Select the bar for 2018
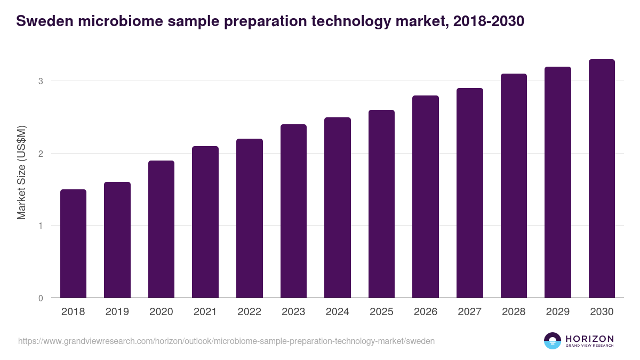73,243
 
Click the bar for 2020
161,229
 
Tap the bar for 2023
293,211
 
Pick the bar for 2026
426,196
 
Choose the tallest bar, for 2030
602,178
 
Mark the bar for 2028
514,186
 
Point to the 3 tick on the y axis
40,81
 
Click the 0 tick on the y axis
40,298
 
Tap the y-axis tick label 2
40,154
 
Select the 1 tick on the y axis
40,226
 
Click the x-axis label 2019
117,312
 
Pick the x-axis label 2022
249,312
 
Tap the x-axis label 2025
381,312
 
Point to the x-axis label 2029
557,312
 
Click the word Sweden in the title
43,21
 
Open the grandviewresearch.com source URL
227,341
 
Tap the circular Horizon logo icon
553,341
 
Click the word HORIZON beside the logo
589,339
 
